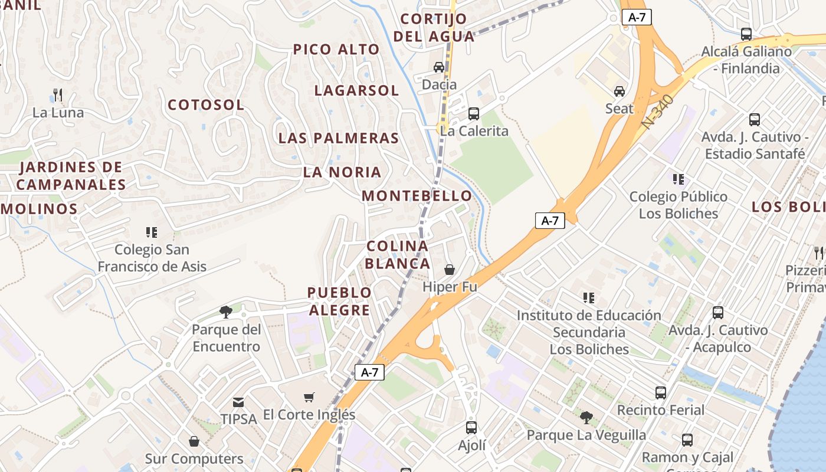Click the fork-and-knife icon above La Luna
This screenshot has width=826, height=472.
click(x=58, y=94)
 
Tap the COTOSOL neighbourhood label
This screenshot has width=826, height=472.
click(x=206, y=105)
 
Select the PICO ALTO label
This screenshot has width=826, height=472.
click(x=336, y=50)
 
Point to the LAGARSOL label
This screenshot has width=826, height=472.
click(x=356, y=91)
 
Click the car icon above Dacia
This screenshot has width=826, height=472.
click(x=439, y=67)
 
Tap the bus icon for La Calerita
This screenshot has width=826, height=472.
click(x=474, y=114)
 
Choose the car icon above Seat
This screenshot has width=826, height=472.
click(x=619, y=91)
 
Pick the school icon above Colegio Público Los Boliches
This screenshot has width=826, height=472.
click(x=678, y=179)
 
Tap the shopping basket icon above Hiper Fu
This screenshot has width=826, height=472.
click(x=450, y=270)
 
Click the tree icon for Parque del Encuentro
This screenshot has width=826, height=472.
click(x=225, y=312)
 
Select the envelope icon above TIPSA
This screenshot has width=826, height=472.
click(x=238, y=402)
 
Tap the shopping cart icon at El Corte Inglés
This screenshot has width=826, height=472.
click(x=309, y=398)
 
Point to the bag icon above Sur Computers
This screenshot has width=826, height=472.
click(x=194, y=441)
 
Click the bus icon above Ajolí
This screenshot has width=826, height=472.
click(x=471, y=428)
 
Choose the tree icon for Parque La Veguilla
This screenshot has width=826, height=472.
click(x=586, y=418)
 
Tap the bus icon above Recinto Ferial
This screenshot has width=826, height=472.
click(x=661, y=392)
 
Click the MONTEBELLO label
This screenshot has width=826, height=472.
click(x=417, y=196)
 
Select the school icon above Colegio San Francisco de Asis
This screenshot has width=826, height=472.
click(x=152, y=232)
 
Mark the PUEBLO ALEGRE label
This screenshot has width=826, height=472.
click(x=339, y=301)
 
